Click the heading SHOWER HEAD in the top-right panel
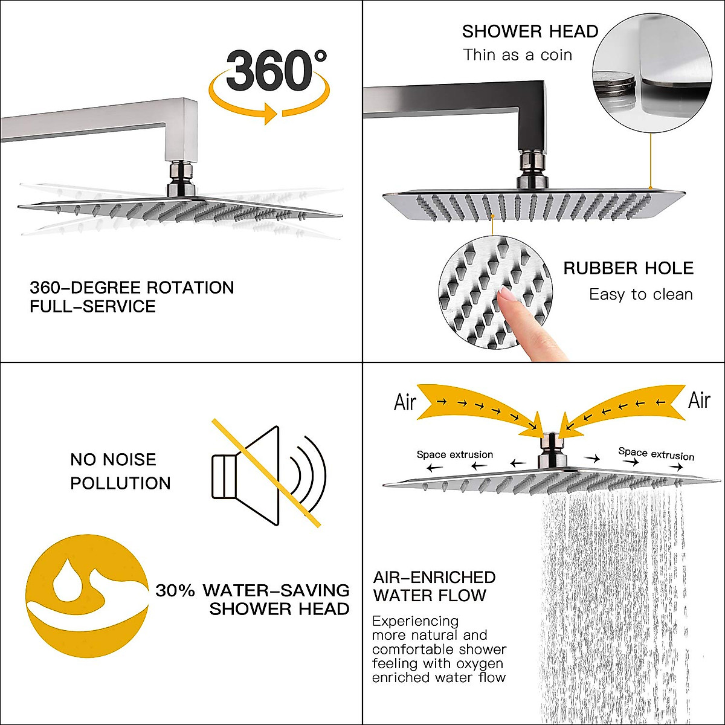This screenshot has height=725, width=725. coord(530,31)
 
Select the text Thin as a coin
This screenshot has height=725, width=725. coord(517,55)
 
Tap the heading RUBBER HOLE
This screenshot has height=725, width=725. coord(628,268)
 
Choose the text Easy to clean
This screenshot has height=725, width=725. coord(640,295)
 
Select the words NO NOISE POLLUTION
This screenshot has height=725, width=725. coord(120,471)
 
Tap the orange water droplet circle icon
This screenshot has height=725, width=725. coord(87,595)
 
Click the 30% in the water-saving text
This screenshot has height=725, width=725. coord(175,590)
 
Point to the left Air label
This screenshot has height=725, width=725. coord(405,402)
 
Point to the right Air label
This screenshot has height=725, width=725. coord(699,400)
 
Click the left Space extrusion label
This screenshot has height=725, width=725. coord(454,454)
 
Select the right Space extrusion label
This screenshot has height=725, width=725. coord(656,454)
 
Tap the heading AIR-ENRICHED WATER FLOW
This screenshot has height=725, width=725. coord(434,586)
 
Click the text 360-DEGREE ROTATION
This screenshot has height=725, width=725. coord(132,287)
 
